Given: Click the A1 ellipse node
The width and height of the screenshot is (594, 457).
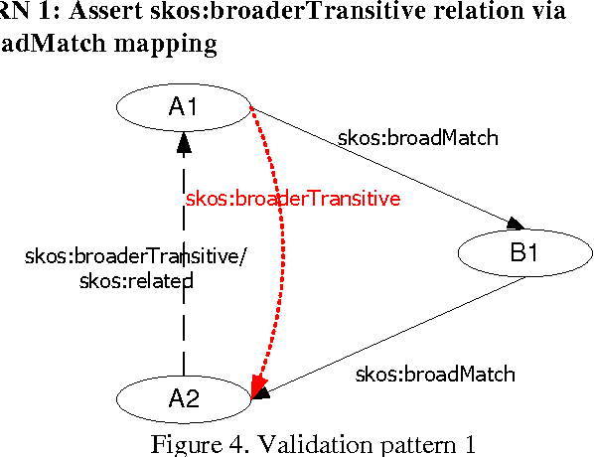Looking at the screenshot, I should pos(184,106).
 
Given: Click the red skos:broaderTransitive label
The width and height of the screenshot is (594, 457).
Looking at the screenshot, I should pos(293,199).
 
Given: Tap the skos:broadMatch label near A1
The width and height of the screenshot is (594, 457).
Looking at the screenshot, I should pos(417,138).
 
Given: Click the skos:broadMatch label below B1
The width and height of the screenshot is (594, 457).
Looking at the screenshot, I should pos(435,375).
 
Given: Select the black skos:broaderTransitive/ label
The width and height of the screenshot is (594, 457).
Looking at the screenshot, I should pos(135,256).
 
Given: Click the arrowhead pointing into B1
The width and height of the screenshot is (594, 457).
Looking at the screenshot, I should pos(516,224).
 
